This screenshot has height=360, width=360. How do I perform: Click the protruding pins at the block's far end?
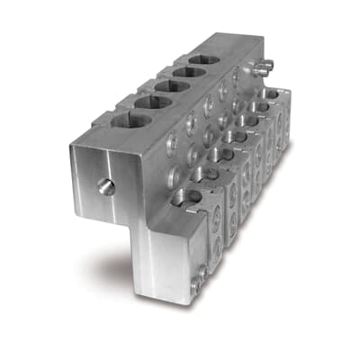click(x=262, y=67)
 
